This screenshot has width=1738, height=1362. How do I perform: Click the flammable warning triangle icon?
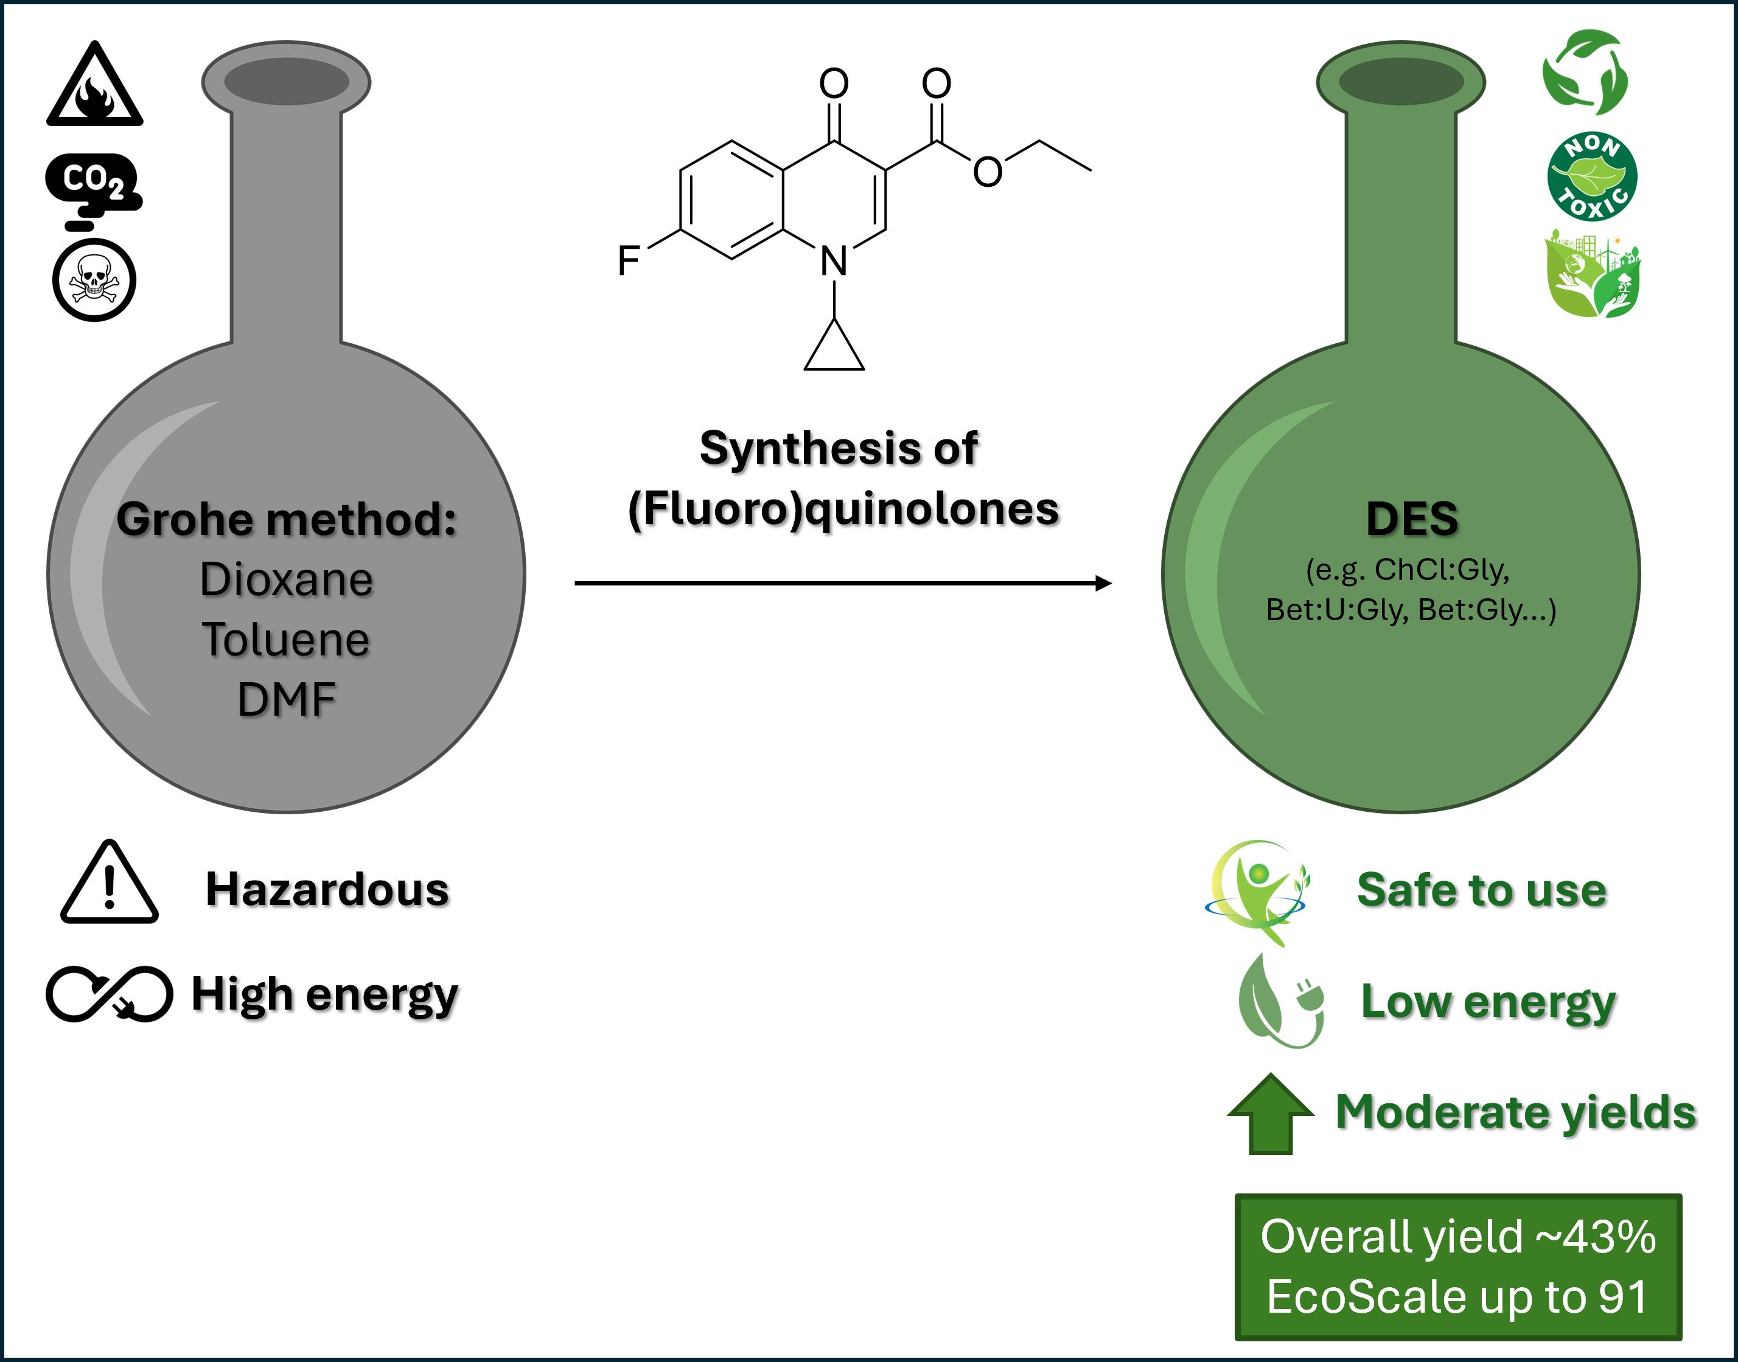(95, 86)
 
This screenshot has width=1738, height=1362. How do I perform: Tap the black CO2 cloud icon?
(93, 185)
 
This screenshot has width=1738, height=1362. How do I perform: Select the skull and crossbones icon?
(94, 280)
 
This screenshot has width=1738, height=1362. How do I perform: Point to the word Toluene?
(286, 640)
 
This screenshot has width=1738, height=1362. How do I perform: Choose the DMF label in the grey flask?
(286, 699)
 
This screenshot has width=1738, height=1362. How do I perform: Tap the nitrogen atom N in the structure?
(834, 260)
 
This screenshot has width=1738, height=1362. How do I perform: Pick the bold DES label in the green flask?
(1412, 519)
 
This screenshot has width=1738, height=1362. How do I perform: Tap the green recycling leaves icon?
(1585, 72)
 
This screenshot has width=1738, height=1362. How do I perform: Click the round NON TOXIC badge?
(1592, 177)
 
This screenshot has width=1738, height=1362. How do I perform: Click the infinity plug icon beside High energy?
(108, 994)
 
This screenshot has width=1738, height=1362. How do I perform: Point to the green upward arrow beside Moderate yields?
(1271, 1113)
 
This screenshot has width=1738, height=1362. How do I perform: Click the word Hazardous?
(327, 889)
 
